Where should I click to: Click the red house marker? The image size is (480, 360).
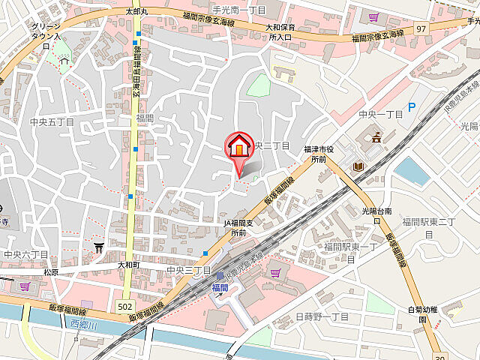tap(239, 145)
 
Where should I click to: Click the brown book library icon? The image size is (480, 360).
tap(358, 166)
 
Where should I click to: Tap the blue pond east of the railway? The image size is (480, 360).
tap(411, 172)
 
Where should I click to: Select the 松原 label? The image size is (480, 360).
tap(51, 272)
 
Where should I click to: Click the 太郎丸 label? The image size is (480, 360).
tap(138, 12)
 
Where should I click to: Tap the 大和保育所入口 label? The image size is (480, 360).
tap(280, 31)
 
